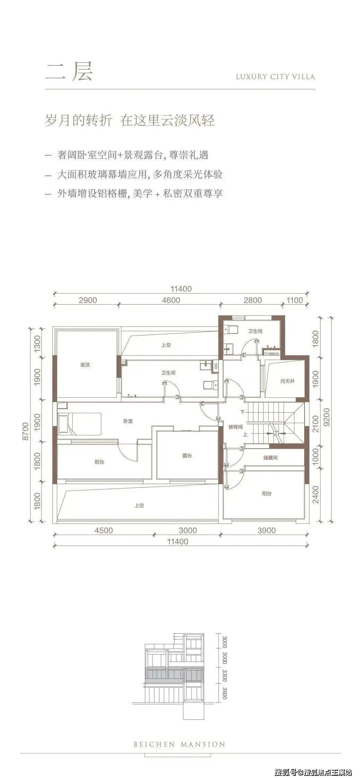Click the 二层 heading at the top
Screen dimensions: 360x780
[x=69, y=72]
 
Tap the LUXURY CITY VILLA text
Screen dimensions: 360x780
[x=275, y=77]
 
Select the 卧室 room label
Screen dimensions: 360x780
[x=128, y=421]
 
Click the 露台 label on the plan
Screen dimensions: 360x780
[x=187, y=456]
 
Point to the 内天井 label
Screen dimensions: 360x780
[x=288, y=381]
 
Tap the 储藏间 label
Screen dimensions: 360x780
[x=270, y=458]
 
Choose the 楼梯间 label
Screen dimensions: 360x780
[x=236, y=427]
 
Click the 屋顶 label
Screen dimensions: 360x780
[x=85, y=365]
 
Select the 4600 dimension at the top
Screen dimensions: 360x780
[x=171, y=300]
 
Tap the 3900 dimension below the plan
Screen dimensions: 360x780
[x=266, y=530]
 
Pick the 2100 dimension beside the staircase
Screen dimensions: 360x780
[x=315, y=424]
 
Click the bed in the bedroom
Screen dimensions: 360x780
[x=80, y=424]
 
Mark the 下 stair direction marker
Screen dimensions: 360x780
[x=243, y=412]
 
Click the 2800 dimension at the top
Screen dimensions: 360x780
[x=253, y=300]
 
